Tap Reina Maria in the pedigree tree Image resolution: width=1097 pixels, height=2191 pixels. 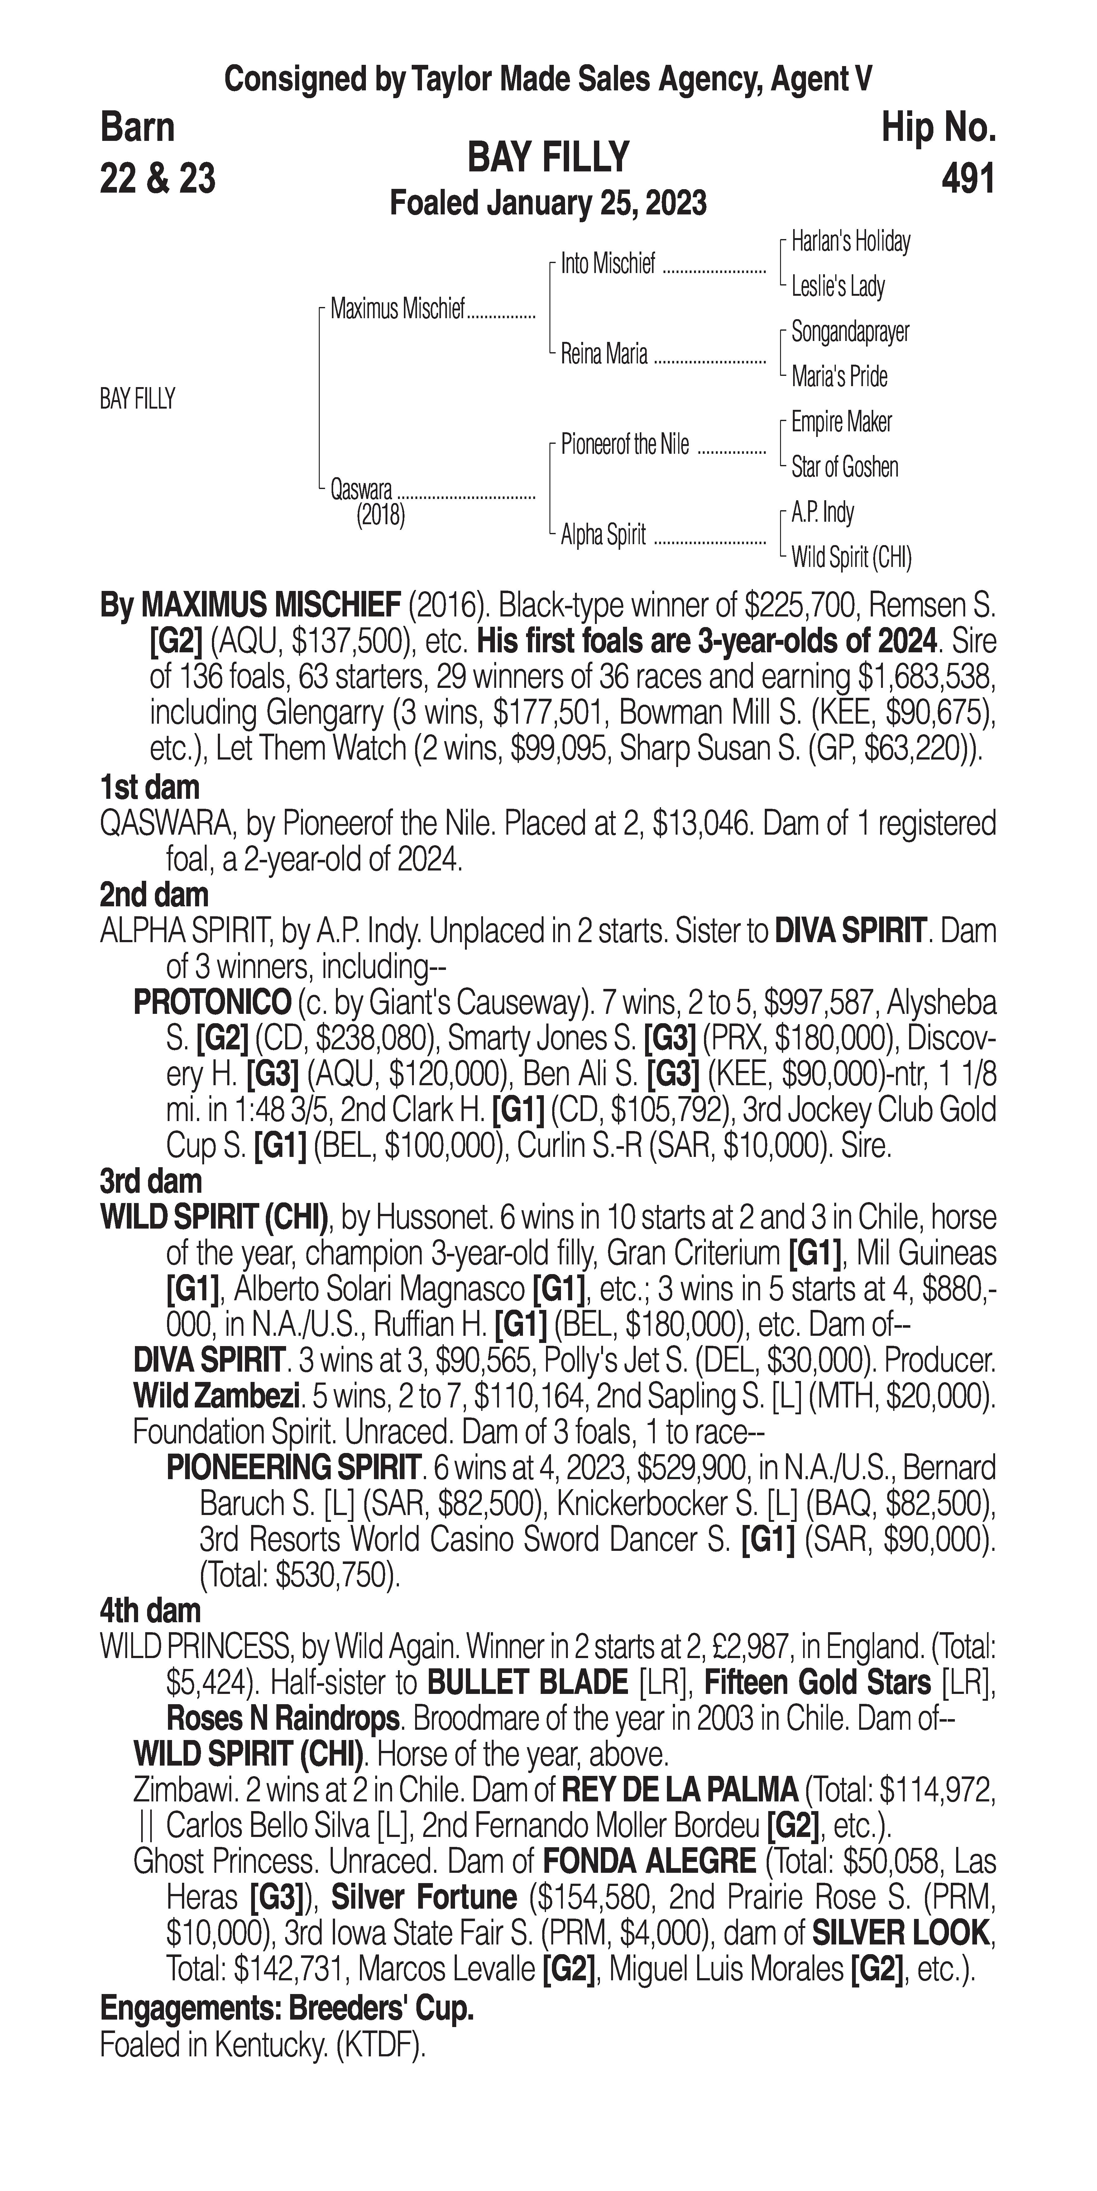(604, 354)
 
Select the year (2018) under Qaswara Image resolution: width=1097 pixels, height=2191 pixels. (380, 515)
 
